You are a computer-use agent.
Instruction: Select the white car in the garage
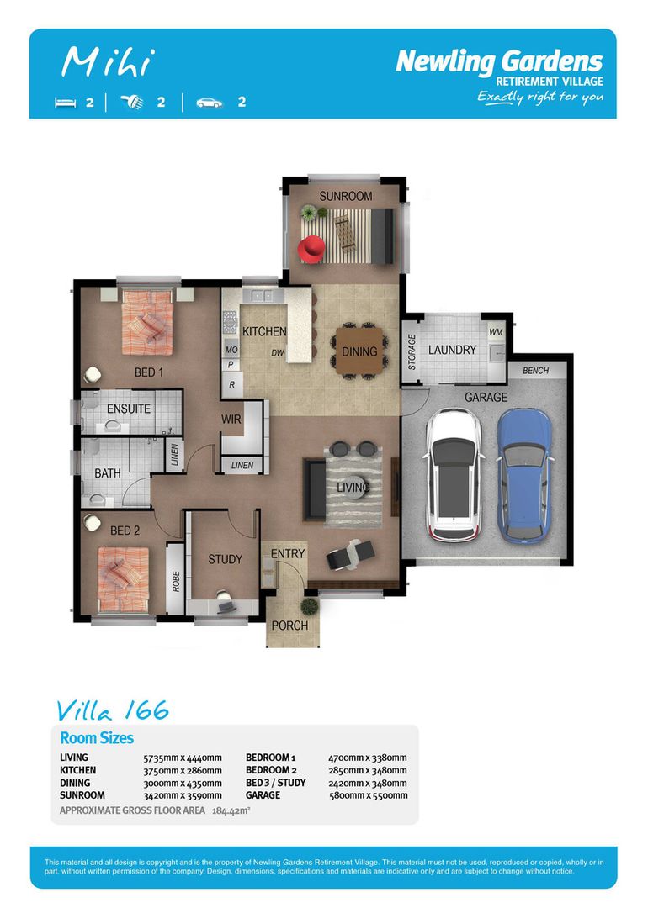point(454,474)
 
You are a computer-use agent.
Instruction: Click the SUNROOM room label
point(345,196)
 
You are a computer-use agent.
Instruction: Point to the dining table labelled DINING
point(359,351)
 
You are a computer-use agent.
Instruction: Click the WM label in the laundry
point(496,332)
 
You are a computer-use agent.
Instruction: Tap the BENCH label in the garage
point(535,371)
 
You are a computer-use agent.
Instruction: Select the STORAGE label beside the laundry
point(412,351)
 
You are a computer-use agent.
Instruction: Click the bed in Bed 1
point(147,323)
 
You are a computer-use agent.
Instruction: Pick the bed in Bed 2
point(123,579)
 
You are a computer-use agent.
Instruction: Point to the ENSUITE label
point(129,409)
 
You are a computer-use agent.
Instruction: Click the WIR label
point(231,419)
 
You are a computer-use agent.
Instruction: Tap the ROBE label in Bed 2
point(176,582)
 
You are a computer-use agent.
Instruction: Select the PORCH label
point(289,626)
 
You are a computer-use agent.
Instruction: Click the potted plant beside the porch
point(310,607)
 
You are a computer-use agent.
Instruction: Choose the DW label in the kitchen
point(277,352)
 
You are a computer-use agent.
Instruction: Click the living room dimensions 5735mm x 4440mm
point(183,758)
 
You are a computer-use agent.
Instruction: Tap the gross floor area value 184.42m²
point(231,810)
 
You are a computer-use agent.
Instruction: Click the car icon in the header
point(210,103)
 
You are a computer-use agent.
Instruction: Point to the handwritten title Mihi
point(109,62)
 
